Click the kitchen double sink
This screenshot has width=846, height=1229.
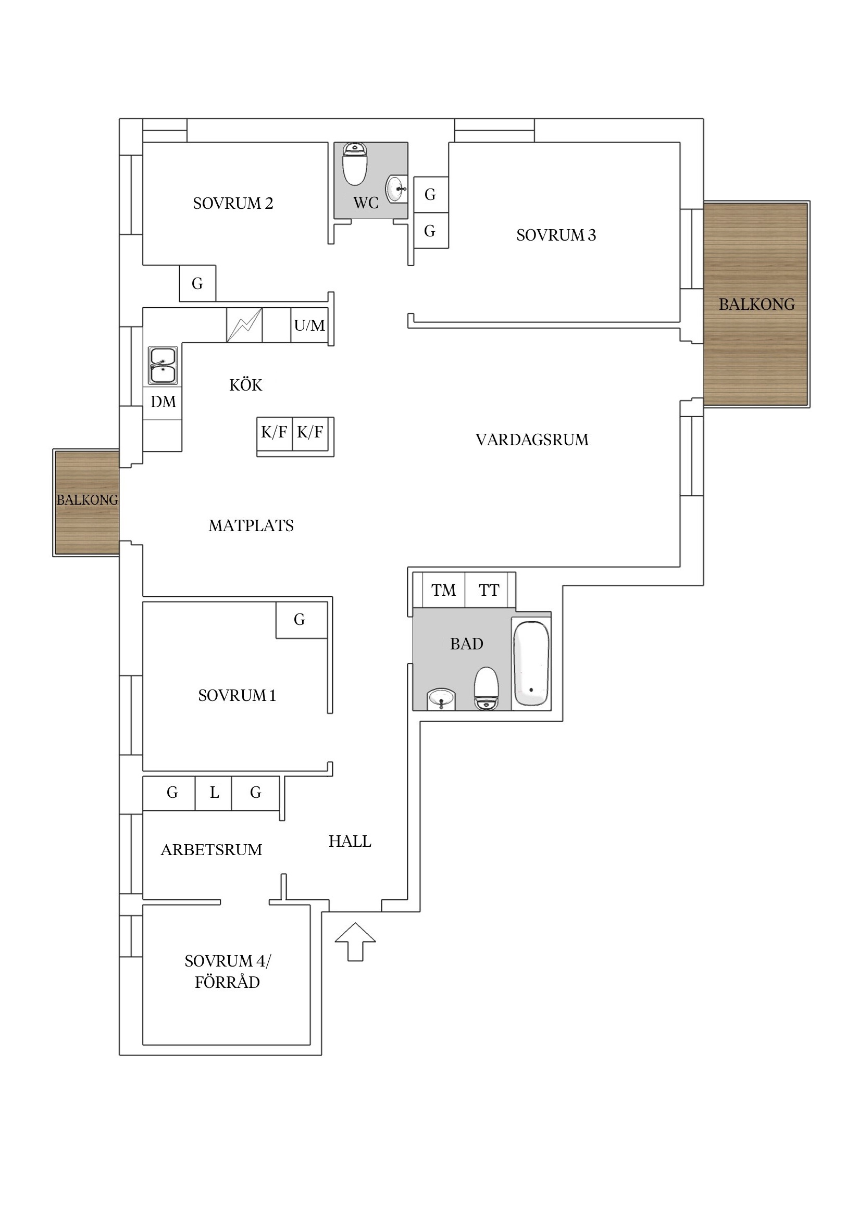(162, 366)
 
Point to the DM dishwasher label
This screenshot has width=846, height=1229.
(163, 402)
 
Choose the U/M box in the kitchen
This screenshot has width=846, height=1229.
(309, 325)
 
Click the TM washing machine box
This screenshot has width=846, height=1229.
(444, 590)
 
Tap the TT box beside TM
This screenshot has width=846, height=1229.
(489, 590)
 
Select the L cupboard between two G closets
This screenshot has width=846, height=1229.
(214, 793)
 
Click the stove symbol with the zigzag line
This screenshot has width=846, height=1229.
(244, 325)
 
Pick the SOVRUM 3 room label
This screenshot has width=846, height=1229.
(556, 235)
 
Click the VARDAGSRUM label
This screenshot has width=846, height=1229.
(532, 440)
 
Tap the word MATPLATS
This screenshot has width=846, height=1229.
(251, 525)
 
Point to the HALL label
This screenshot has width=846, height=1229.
(350, 841)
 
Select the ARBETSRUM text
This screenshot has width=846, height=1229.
(211, 850)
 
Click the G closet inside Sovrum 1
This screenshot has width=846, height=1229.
(301, 620)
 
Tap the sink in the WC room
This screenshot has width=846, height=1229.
(396, 189)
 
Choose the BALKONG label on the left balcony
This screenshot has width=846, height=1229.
(88, 499)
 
